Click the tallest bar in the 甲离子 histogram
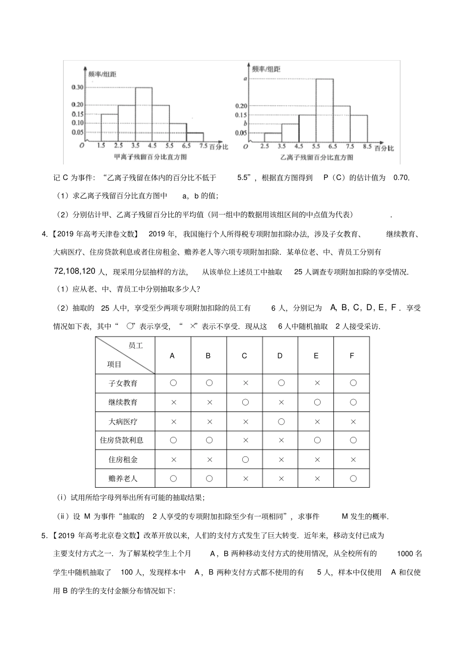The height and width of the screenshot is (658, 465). pos(143,115)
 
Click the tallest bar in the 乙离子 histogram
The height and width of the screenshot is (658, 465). pos(325,110)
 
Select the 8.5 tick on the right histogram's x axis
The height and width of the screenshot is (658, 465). pos(367,146)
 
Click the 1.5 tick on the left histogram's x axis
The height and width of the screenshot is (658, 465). pos(101,146)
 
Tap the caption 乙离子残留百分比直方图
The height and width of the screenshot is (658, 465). pos(317,158)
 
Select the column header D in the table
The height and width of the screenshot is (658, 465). pos(280,356)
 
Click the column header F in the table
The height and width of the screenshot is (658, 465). pos(351,356)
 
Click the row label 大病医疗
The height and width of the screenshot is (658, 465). pos(123,421)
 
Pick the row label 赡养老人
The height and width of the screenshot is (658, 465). pos(123,478)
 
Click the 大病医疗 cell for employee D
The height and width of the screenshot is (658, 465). pos(281,421)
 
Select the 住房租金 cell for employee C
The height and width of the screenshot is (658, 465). pos(245,459)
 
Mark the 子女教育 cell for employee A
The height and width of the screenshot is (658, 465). pos(173,383)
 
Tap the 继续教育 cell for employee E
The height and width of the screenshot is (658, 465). pos(317,402)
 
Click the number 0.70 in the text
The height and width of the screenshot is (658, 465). pos(401,178)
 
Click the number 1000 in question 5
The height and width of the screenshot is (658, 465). pos(405,553)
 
